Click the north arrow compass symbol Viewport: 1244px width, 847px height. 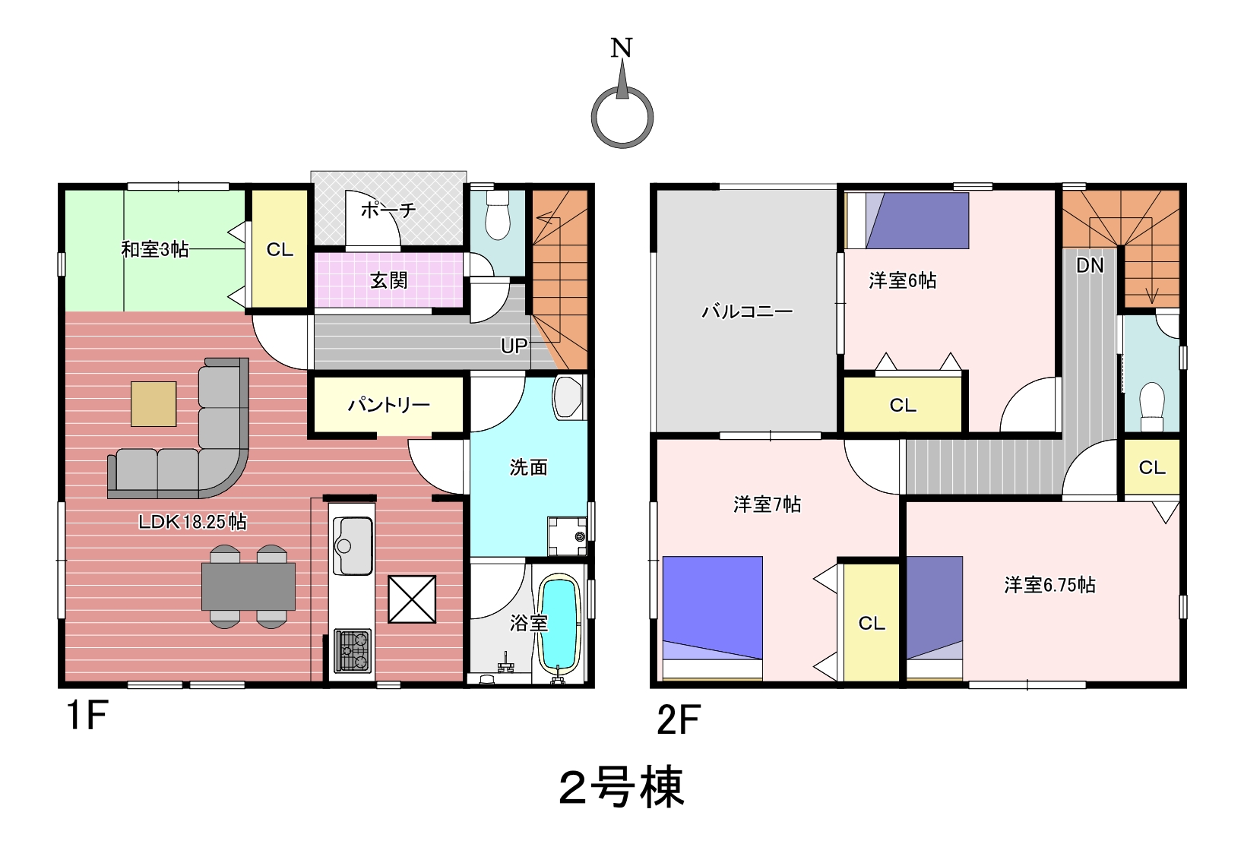click(622, 118)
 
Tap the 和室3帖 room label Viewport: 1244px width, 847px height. click(155, 250)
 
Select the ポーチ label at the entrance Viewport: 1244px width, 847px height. click(388, 210)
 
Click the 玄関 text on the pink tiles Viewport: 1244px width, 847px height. click(389, 280)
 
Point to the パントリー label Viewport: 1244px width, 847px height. click(389, 405)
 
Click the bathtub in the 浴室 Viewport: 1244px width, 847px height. click(559, 623)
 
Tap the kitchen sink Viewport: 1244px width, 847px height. click(352, 545)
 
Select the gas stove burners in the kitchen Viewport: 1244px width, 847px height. click(353, 650)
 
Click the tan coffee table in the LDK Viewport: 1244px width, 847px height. click(154, 404)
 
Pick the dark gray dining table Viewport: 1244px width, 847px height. click(248, 586)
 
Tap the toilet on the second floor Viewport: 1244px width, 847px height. click(1151, 407)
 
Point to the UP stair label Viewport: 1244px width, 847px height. click(514, 346)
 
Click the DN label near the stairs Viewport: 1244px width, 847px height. click(1090, 266)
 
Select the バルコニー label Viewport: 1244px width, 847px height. click(747, 311)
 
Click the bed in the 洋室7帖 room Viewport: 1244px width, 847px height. click(713, 618)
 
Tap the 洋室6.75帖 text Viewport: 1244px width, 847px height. click(1049, 585)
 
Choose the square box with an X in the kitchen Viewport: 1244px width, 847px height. click(412, 599)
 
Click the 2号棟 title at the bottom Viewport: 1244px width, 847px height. click(622, 787)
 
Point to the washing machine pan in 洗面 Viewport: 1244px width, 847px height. click(567, 536)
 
